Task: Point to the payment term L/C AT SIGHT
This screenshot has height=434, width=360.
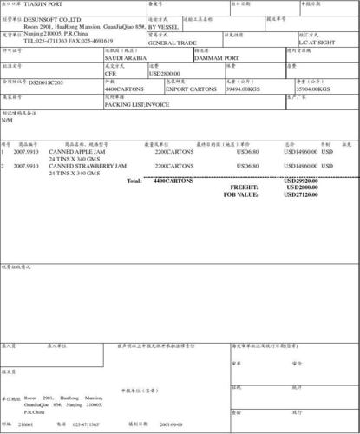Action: coord(317,42)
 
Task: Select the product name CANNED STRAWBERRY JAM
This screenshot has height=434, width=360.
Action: coord(88,165)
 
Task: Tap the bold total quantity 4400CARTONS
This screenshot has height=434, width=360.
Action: coord(173,181)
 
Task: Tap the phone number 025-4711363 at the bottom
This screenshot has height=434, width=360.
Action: coord(86,424)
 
